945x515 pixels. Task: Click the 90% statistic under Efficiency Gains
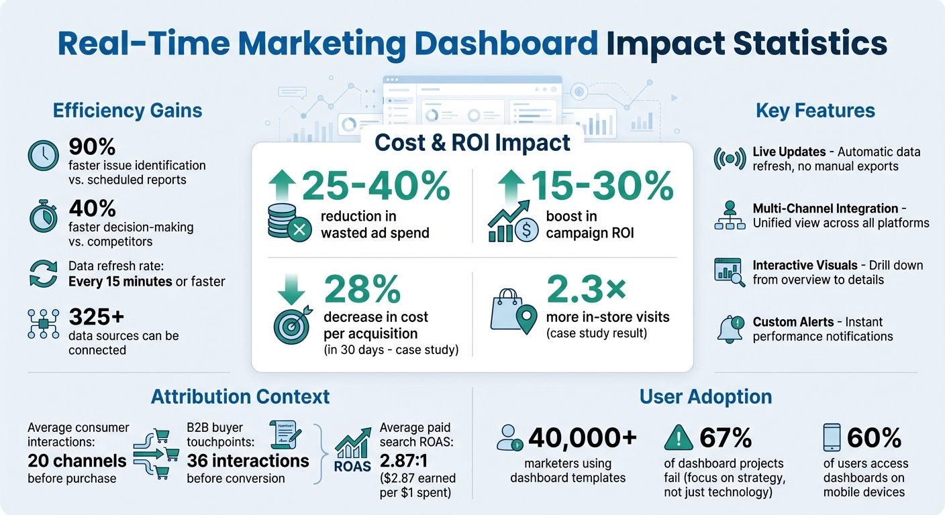(92, 146)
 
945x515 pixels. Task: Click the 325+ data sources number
(97, 316)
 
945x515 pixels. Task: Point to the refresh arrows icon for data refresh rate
(44, 274)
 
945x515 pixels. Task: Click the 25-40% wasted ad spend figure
(376, 187)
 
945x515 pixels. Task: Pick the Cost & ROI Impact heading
(472, 143)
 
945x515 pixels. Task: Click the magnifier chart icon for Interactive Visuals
(729, 272)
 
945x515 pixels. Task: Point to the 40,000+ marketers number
(583, 438)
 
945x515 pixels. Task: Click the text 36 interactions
(248, 461)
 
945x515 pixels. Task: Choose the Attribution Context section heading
(240, 396)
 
